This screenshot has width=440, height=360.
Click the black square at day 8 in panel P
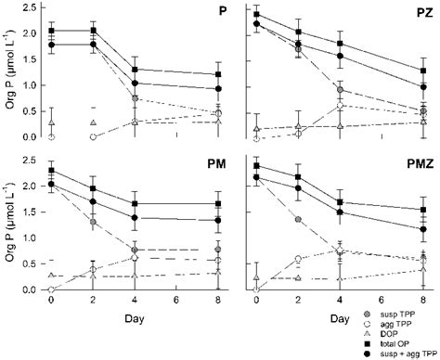click(x=218, y=74)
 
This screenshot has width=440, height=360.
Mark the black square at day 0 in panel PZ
click(x=256, y=15)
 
